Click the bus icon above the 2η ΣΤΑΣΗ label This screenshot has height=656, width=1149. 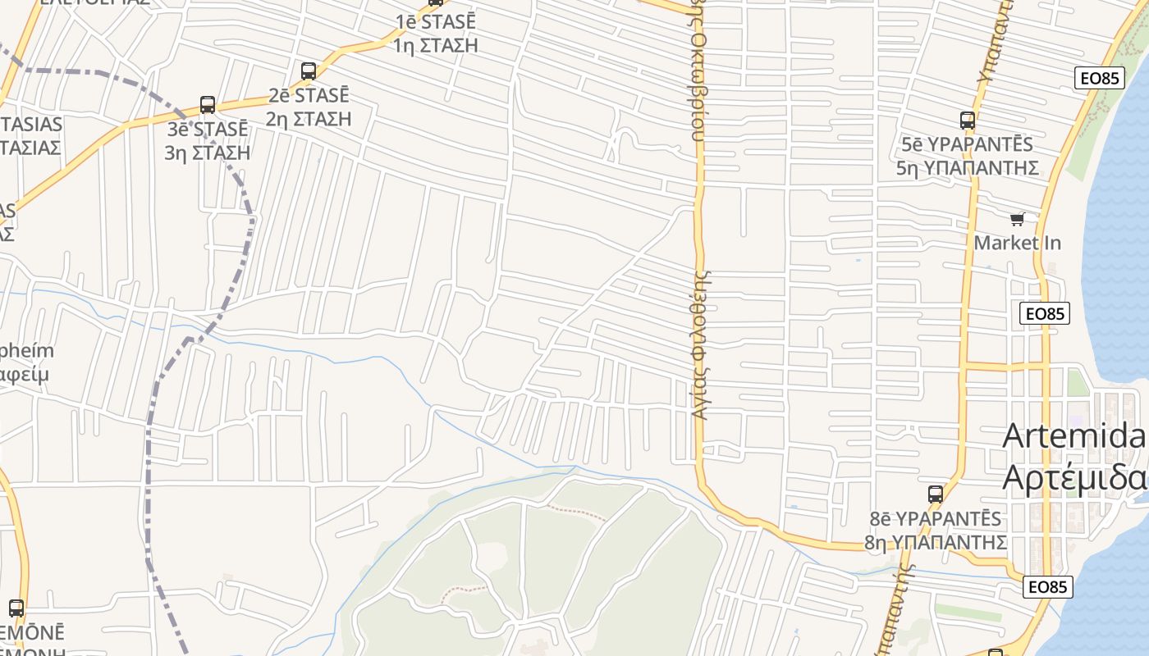(x=309, y=71)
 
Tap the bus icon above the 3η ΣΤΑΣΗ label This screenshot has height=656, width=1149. (x=208, y=105)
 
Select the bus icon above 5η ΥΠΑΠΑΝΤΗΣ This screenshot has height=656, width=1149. (x=968, y=121)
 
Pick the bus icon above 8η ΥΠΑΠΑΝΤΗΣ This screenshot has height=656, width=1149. (x=936, y=494)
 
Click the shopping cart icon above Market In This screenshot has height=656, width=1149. (x=1018, y=219)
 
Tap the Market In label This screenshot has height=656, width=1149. (x=1017, y=243)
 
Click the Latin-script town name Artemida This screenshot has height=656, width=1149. (x=1073, y=436)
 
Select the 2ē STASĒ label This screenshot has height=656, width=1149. (x=309, y=95)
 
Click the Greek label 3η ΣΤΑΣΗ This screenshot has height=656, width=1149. (x=208, y=153)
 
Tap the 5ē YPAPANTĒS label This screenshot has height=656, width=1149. (x=967, y=144)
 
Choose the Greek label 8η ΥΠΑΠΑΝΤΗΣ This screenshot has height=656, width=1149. (x=936, y=542)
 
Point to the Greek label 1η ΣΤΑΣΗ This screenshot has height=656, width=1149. (x=435, y=45)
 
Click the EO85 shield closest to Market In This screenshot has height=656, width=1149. (x=1045, y=313)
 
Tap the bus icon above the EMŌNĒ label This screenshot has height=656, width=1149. (x=16, y=608)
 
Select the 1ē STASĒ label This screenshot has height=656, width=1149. (x=435, y=21)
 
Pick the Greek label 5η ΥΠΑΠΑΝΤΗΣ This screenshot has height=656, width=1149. (x=968, y=168)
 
